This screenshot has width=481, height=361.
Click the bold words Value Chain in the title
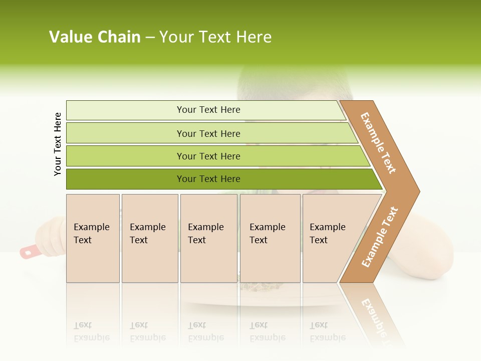(95, 37)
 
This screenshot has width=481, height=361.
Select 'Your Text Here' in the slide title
(215, 37)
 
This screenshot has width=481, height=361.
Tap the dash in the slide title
(150, 38)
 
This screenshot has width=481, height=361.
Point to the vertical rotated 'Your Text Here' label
(58, 144)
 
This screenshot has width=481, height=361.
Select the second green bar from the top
(208, 133)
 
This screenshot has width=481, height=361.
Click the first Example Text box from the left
(93, 238)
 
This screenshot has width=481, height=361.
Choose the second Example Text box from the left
(150, 238)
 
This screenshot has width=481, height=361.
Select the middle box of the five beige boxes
(208, 238)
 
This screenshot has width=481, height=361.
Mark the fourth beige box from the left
(270, 238)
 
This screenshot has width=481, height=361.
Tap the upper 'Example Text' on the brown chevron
(378, 143)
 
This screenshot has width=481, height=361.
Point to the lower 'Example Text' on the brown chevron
(379, 237)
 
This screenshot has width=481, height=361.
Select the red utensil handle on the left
(28, 251)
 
